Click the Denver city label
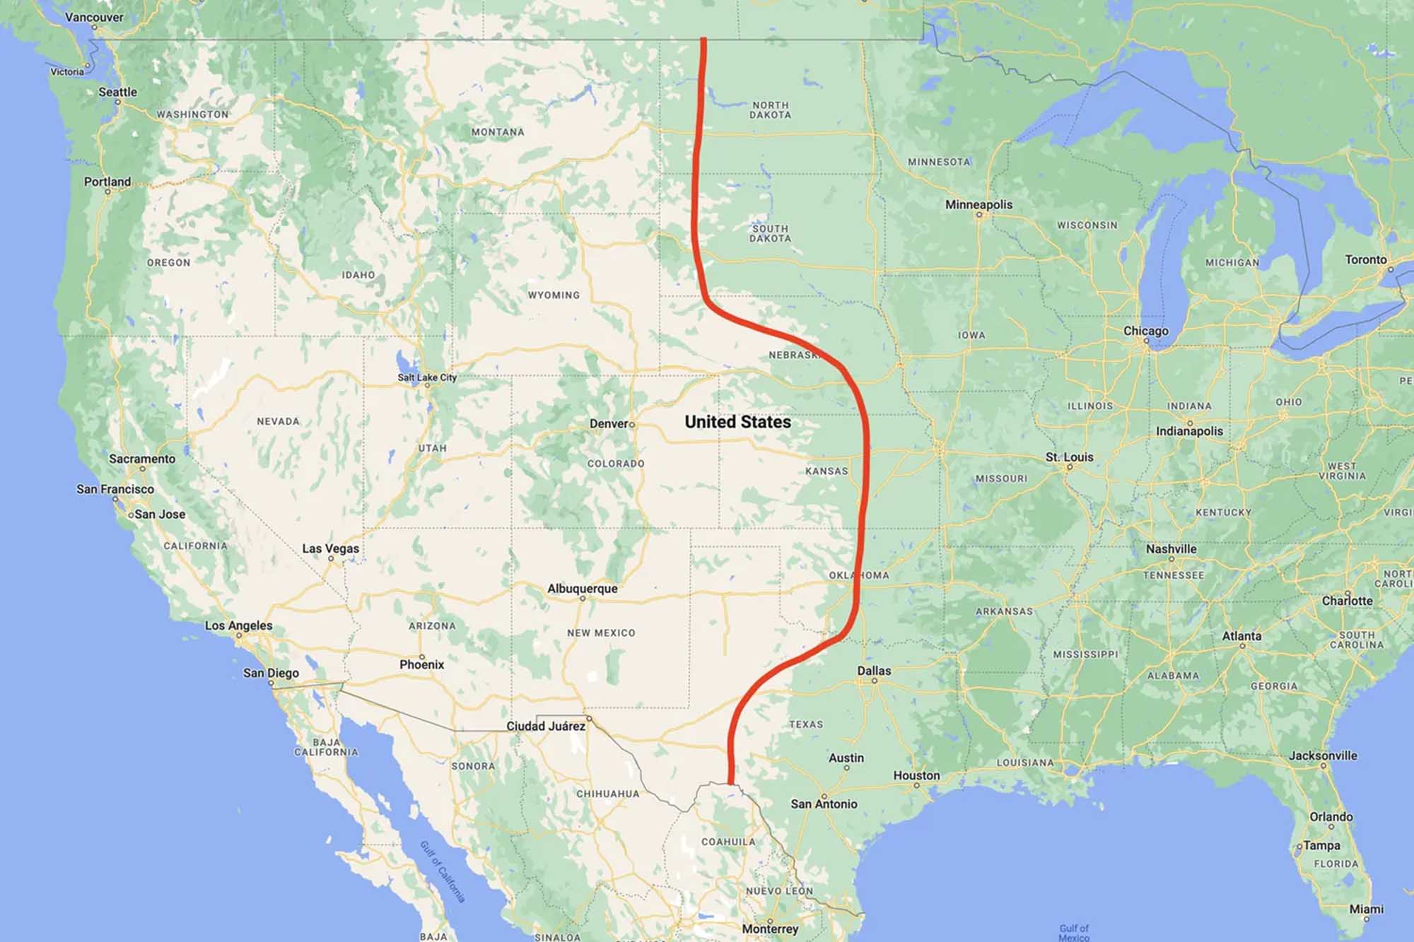coord(609,424)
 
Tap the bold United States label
coord(737,422)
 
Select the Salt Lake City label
coord(427,377)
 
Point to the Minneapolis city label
coord(978,204)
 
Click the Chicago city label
coord(1145,331)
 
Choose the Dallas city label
coord(874,671)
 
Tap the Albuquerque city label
coord(582,589)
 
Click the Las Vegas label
coord(330,548)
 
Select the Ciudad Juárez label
coord(545,726)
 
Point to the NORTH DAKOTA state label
coord(770,110)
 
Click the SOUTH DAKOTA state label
coord(770,233)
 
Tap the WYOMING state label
coord(554,295)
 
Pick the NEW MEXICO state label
coord(601,632)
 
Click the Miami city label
coord(1366,909)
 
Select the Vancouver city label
coord(94,17)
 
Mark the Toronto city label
coord(1365,259)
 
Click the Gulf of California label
coord(443,871)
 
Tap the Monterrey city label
coord(770,929)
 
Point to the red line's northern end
coord(703,40)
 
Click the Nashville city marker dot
coord(1171,559)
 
